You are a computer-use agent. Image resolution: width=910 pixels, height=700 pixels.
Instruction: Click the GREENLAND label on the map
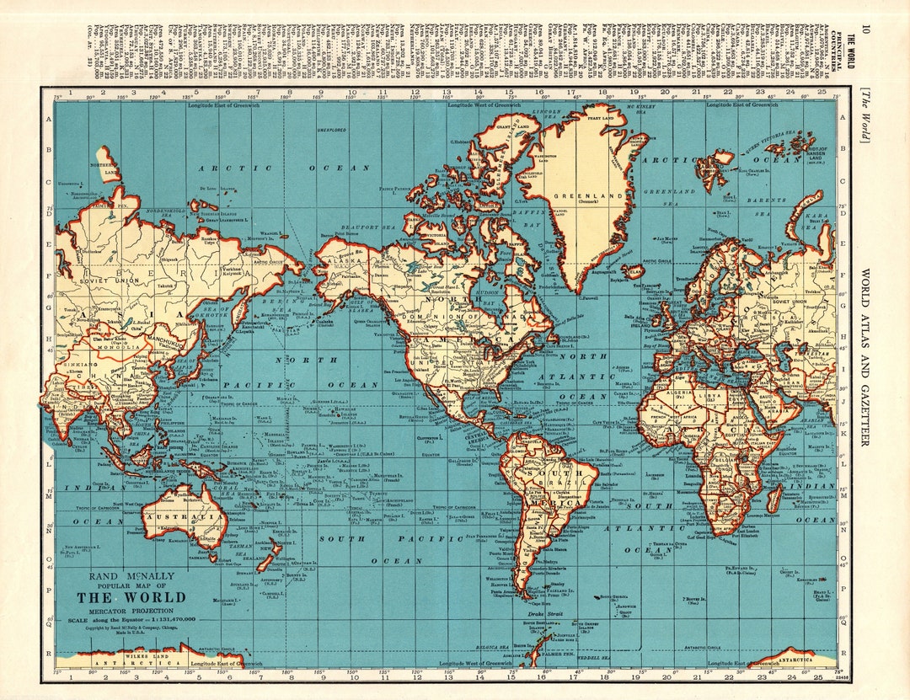577,195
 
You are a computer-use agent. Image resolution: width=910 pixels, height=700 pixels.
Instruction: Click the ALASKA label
345,262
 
